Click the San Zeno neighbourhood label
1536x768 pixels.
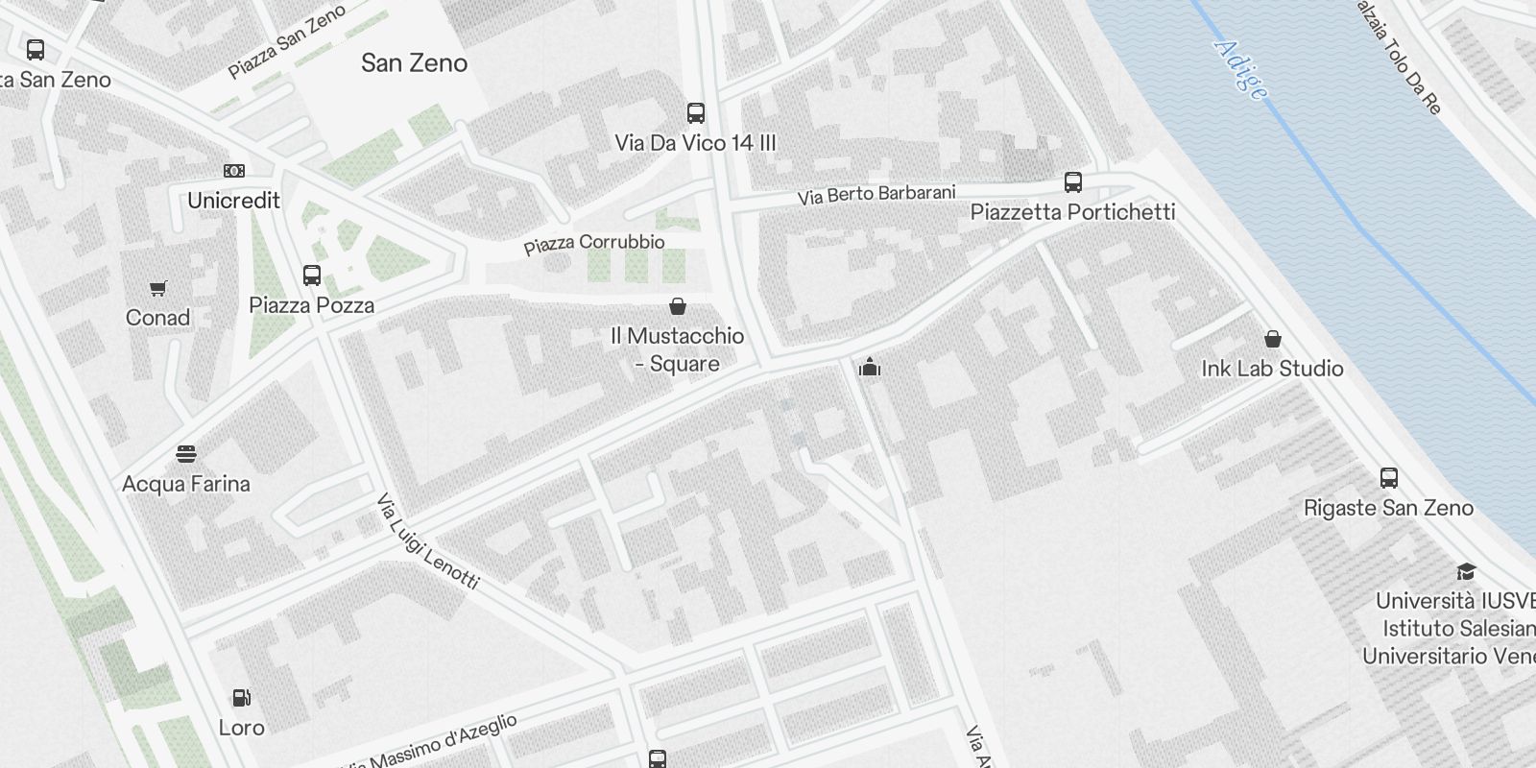click(414, 63)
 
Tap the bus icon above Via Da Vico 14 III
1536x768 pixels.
click(696, 113)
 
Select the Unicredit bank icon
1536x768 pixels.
click(233, 171)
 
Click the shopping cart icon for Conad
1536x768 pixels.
click(158, 288)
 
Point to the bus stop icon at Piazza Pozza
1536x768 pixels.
click(312, 276)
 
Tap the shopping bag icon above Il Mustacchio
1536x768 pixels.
click(678, 306)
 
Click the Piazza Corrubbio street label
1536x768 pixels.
click(593, 244)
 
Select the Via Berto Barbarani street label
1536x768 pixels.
click(876, 194)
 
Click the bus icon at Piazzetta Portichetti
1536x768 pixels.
click(1073, 182)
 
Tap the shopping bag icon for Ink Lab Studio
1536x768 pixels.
click(1273, 339)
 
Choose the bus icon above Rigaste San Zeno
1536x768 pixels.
click(1388, 478)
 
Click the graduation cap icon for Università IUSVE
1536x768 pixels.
click(1465, 572)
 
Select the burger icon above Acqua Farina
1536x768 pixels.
click(186, 453)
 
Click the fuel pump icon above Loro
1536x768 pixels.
click(242, 698)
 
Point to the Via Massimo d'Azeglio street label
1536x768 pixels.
click(432, 745)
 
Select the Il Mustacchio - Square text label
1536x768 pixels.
click(678, 349)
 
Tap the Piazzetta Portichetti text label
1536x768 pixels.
click(1072, 212)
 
